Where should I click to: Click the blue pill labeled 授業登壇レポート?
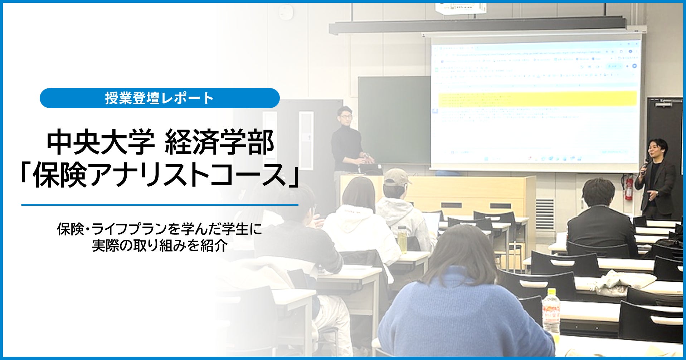(x=160, y=98)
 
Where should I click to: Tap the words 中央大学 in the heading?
(x=101, y=142)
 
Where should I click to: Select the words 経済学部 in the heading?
(x=219, y=142)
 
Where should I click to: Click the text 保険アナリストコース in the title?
(x=160, y=175)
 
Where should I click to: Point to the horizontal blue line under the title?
(x=160, y=205)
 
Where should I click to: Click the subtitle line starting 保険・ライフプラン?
(x=160, y=229)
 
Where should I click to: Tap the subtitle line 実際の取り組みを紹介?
(x=160, y=246)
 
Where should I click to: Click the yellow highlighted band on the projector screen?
(x=537, y=99)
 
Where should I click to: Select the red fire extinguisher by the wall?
(x=629, y=188)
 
